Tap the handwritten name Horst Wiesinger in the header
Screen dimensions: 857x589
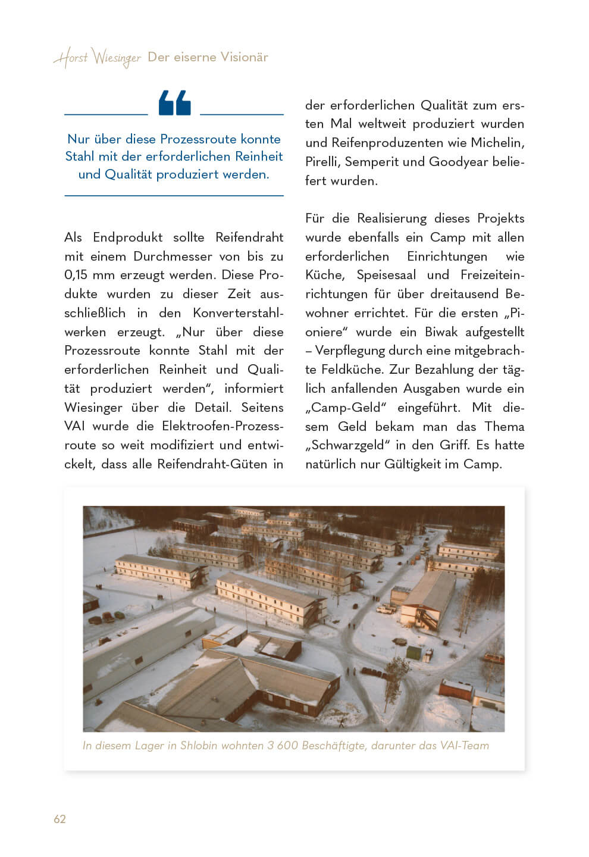click(97, 58)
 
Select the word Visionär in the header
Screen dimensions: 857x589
click(244, 57)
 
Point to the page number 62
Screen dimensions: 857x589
click(59, 819)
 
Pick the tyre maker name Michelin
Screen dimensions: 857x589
click(497, 143)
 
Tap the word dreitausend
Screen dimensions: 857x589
click(466, 294)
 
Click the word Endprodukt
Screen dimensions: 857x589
click(127, 237)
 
